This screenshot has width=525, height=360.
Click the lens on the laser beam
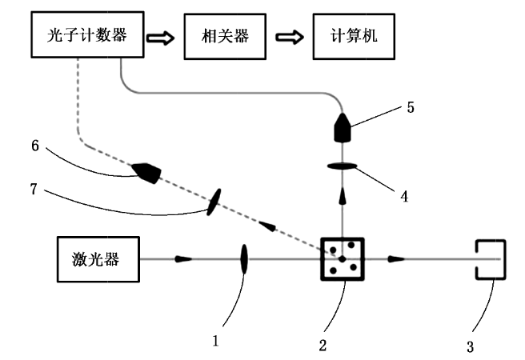[243, 258]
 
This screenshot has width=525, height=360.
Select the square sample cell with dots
[342, 258]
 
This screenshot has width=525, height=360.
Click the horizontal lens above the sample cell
[343, 166]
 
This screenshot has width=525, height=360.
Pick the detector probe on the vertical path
[343, 126]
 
